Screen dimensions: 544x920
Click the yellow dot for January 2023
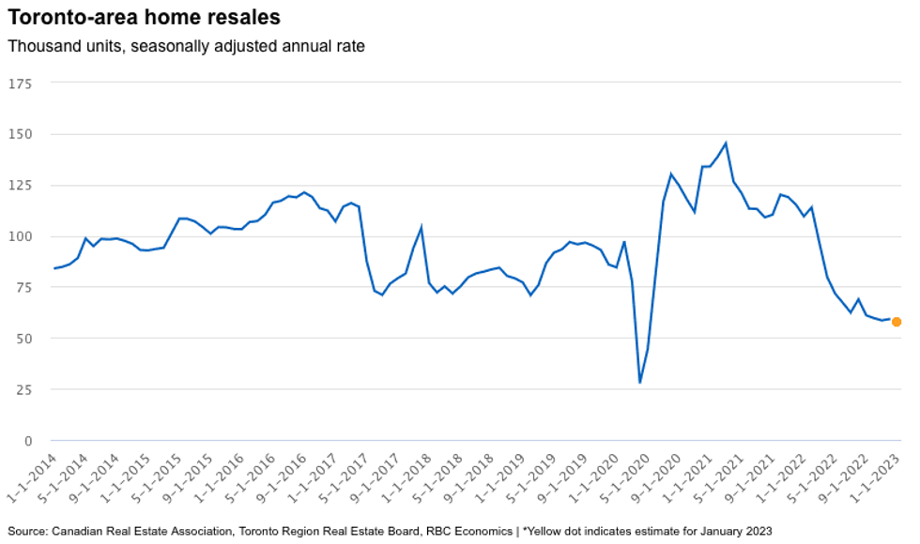click(897, 322)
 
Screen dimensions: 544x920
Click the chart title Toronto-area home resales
click(144, 17)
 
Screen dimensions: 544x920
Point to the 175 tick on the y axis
click(20, 83)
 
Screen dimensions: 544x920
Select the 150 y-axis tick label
click(20, 134)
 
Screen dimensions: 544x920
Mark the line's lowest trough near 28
click(640, 383)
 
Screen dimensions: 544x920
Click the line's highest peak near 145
click(726, 144)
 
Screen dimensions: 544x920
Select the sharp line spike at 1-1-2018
click(421, 227)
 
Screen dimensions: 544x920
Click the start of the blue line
click(54, 268)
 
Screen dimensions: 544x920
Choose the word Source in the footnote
click(27, 531)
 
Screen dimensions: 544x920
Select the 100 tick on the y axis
click(20, 236)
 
